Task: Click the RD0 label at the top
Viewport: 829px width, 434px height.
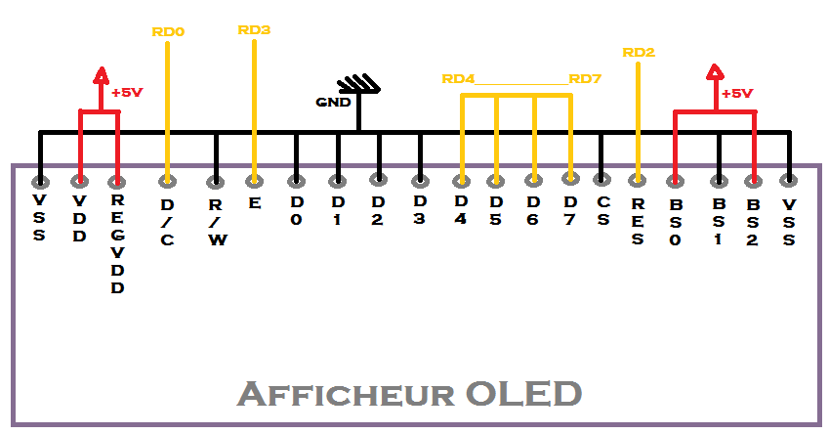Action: coord(168,32)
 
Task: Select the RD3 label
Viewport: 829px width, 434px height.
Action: coord(254,30)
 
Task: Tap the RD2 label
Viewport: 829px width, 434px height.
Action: coord(639,52)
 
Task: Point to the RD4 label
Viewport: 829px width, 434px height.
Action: coord(458,79)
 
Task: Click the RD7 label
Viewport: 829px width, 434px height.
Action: coord(585,79)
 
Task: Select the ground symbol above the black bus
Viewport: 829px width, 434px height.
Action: coord(358,85)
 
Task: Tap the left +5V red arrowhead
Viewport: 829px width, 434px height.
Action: coord(100,74)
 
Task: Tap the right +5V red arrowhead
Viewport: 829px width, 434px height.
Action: coord(715,71)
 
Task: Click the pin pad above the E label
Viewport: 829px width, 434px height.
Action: coord(254,180)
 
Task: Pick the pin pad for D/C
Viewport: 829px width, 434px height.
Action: coord(168,181)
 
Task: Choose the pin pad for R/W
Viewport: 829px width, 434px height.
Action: coord(216,181)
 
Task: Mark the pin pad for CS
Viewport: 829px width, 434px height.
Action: coord(602,180)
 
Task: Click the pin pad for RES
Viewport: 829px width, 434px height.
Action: coord(638,180)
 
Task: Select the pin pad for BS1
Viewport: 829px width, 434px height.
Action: coord(719,181)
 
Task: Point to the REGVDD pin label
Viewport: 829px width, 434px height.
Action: coord(117,245)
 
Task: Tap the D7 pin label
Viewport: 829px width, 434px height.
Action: coord(569,209)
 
